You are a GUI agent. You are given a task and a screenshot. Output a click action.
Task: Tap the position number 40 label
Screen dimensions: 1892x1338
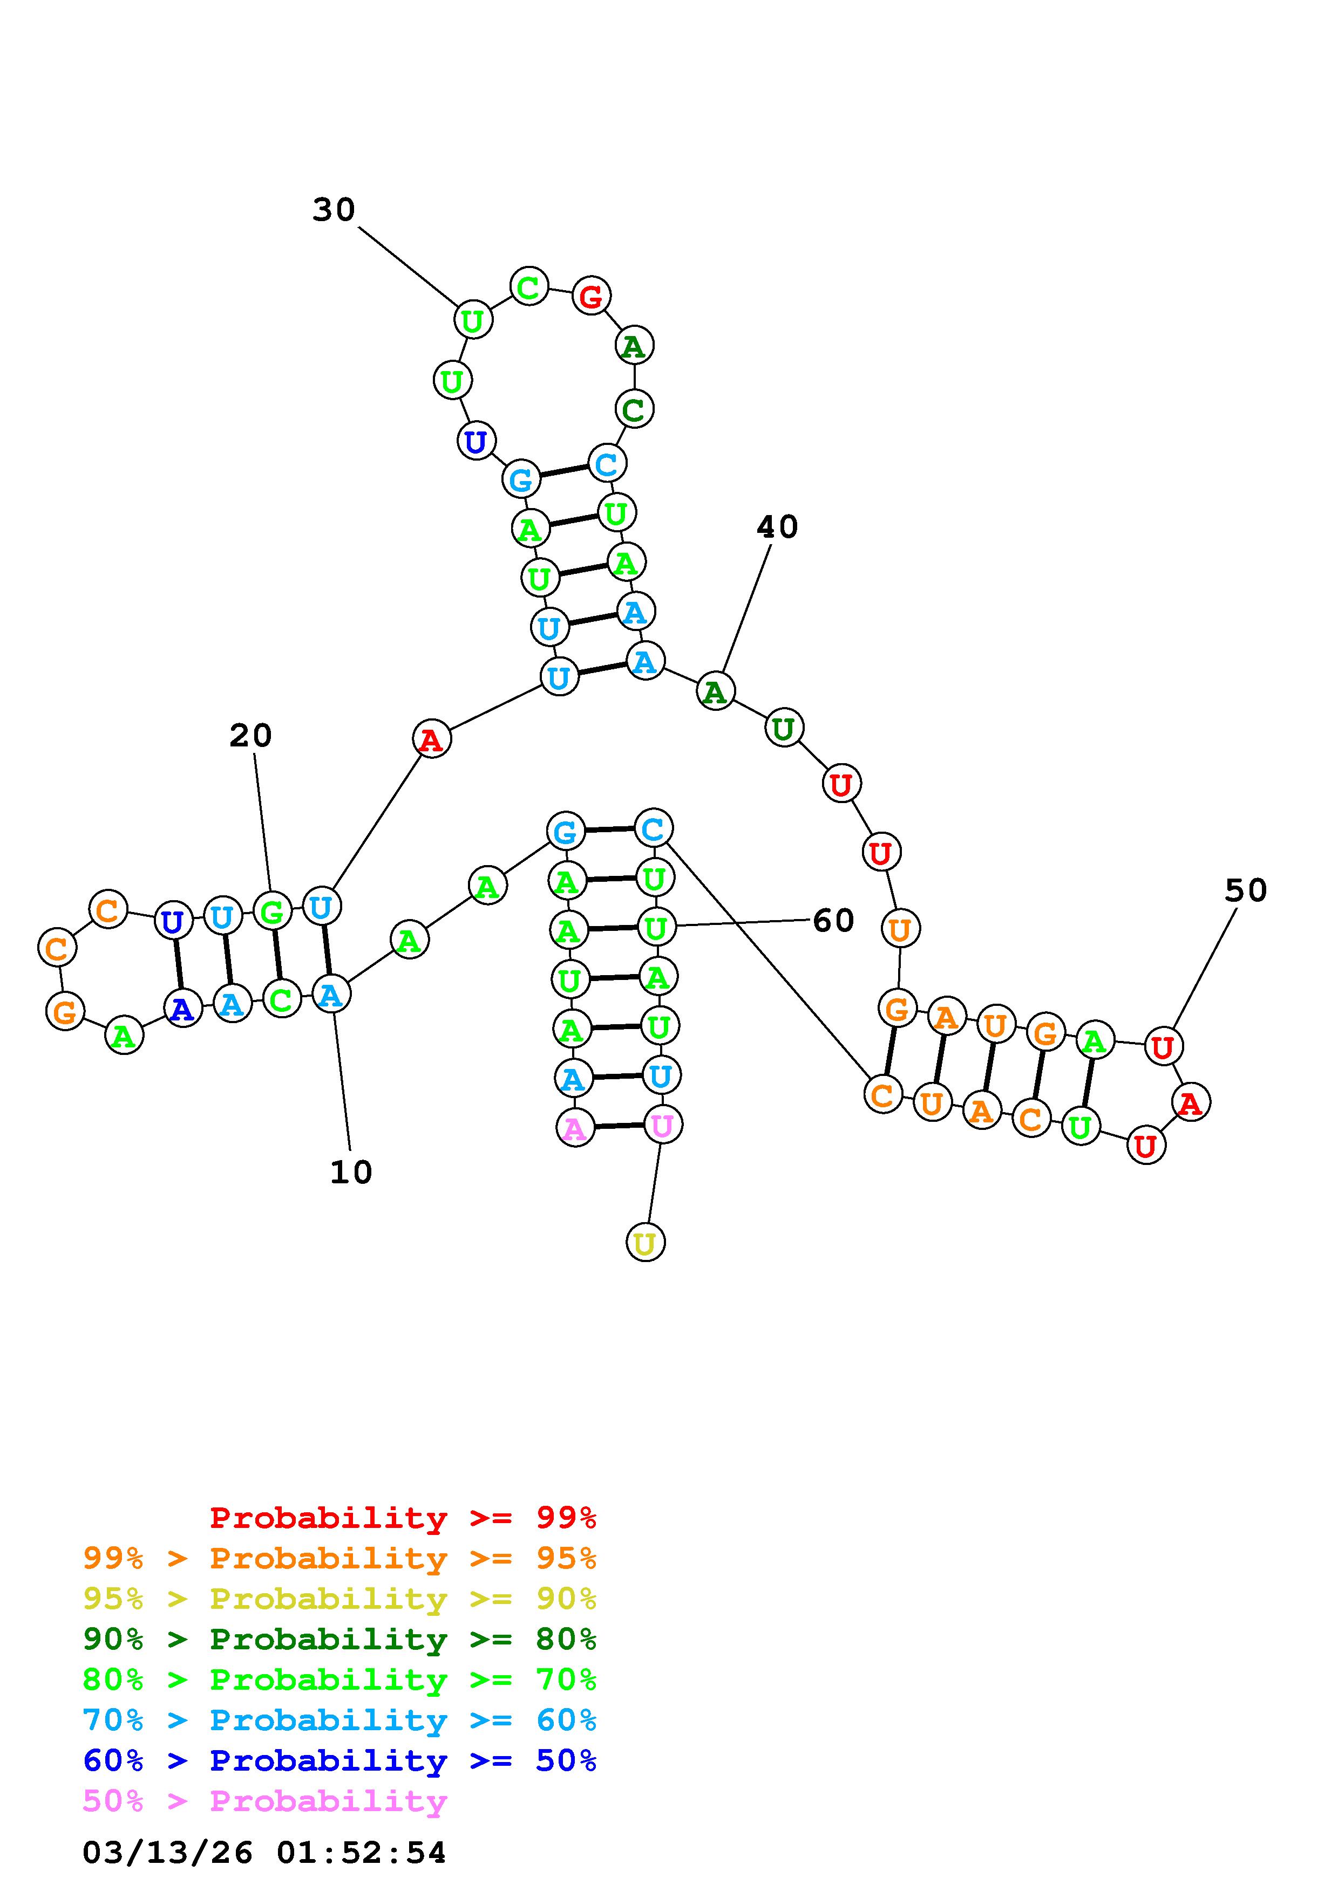click(777, 526)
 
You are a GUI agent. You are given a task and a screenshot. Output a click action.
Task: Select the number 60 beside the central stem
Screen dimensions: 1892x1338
click(833, 921)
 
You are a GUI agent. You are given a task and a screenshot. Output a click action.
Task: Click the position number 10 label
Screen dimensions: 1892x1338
click(351, 1172)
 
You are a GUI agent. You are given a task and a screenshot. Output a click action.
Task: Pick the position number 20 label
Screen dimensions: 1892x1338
click(250, 735)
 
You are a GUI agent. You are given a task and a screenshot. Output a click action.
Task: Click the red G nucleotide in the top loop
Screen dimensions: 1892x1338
click(591, 296)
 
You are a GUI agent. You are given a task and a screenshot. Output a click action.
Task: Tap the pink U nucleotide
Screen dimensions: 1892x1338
click(662, 1125)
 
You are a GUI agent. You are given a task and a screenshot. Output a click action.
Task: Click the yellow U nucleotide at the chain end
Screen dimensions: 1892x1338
click(646, 1242)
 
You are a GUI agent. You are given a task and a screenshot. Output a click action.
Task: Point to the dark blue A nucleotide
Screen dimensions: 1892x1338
click(182, 1008)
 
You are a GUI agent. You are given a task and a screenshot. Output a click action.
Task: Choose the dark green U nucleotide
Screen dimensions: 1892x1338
click(783, 729)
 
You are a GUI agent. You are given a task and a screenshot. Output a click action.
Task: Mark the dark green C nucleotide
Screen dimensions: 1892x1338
click(634, 409)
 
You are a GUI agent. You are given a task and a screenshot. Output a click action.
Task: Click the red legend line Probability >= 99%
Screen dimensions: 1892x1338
click(403, 1517)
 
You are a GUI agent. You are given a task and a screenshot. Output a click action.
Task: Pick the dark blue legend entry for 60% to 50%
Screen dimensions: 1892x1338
click(339, 1760)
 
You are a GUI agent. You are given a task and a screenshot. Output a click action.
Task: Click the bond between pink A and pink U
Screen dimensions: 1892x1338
click(619, 1126)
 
